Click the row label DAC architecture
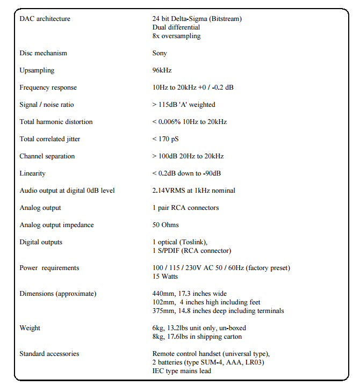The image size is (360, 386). click(45, 19)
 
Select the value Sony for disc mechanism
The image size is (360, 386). click(160, 53)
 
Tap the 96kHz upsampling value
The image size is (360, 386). click(162, 70)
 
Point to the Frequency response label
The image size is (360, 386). click(48, 88)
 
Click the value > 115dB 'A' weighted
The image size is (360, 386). click(184, 105)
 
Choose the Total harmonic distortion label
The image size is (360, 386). click(56, 122)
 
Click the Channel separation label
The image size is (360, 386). click(47, 156)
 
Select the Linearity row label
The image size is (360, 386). click(32, 173)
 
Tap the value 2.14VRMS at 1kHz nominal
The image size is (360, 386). click(193, 191)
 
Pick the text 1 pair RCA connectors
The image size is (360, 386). click(185, 208)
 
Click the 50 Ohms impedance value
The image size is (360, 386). click(165, 225)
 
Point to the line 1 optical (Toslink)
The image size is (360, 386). click(180, 242)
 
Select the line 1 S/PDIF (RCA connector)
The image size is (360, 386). click(191, 251)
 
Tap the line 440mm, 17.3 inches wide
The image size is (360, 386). click(190, 294)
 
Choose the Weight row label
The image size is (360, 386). click(30, 328)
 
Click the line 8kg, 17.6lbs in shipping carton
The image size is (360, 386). click(197, 337)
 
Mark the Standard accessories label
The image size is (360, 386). click(49, 354)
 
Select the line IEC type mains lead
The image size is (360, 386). click(182, 371)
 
